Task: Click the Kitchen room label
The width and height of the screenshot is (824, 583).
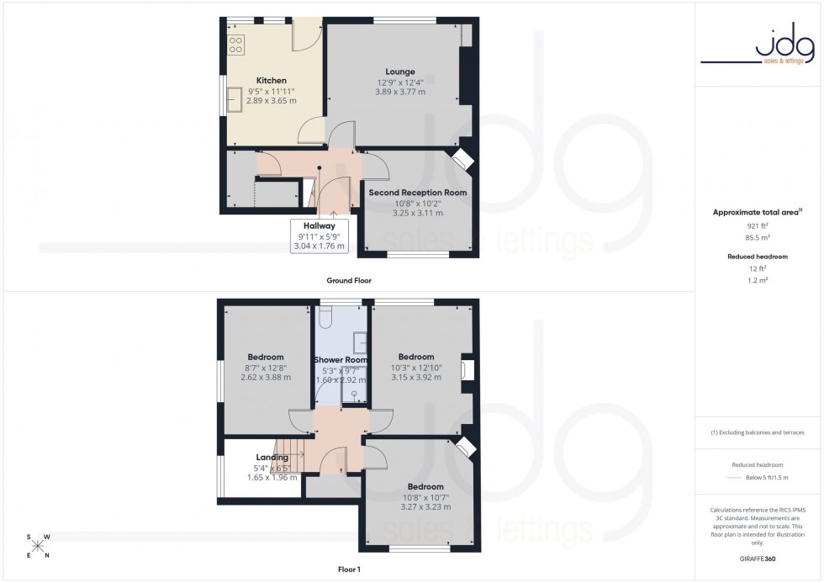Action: coord(271,81)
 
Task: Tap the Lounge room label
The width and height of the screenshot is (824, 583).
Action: coord(400,72)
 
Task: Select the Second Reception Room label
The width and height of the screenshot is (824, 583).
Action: coord(417,193)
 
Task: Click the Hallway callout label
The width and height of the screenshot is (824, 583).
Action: coord(320,225)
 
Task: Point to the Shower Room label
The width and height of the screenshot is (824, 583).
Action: coord(341,360)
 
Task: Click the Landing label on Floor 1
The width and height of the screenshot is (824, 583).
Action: coord(272,458)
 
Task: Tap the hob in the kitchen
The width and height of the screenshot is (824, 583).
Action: coord(236,44)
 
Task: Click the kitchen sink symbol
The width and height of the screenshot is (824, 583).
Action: coord(233,99)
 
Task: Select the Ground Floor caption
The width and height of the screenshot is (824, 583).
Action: coord(349,280)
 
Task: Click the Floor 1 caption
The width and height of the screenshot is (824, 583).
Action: coord(348,570)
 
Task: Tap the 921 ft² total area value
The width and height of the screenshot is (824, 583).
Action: coord(758,227)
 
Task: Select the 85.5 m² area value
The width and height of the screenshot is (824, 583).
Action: coord(758,239)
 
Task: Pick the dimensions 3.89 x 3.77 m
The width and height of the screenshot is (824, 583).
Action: coord(400,92)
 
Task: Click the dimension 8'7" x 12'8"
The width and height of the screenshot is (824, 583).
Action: coord(266,368)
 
